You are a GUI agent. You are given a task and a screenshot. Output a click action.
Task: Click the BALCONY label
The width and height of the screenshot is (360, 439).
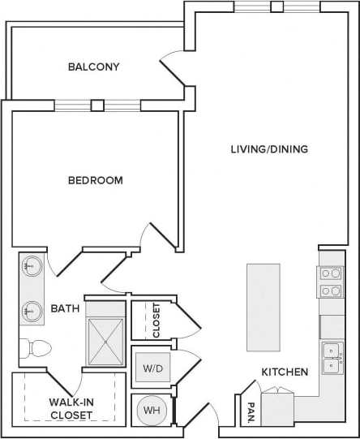(94, 67)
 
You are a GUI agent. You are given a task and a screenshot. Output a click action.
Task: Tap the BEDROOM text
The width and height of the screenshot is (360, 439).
(96, 180)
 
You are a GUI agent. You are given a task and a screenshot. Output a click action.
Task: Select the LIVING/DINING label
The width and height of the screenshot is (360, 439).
(269, 148)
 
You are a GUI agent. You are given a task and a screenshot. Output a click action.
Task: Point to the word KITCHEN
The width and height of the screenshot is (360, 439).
(284, 372)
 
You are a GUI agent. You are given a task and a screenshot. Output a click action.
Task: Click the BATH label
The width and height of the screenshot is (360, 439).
(65, 308)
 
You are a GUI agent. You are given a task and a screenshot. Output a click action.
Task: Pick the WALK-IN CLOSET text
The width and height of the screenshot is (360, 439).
(70, 408)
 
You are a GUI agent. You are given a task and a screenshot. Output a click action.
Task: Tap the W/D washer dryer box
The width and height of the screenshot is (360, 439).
(152, 368)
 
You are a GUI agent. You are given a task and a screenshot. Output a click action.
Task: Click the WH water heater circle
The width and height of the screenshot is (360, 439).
(152, 411)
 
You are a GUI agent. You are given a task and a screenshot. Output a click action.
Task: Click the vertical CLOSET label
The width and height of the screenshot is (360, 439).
(156, 320)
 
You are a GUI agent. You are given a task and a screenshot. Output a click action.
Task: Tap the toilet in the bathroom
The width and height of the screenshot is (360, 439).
(37, 347)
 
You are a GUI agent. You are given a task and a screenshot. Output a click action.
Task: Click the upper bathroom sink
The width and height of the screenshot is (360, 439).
(32, 266)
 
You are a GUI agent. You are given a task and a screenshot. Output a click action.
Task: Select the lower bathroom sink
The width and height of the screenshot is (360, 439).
(32, 311)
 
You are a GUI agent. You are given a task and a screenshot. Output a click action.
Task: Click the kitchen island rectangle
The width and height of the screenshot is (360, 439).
(263, 307)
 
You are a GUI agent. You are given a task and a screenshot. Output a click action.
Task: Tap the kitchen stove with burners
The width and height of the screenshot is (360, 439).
(330, 282)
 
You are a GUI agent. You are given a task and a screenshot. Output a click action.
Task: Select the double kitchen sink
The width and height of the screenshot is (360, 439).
(332, 358)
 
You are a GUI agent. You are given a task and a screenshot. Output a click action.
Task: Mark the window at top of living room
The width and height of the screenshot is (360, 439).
(276, 7)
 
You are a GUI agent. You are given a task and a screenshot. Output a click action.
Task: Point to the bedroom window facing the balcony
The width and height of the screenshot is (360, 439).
(97, 105)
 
